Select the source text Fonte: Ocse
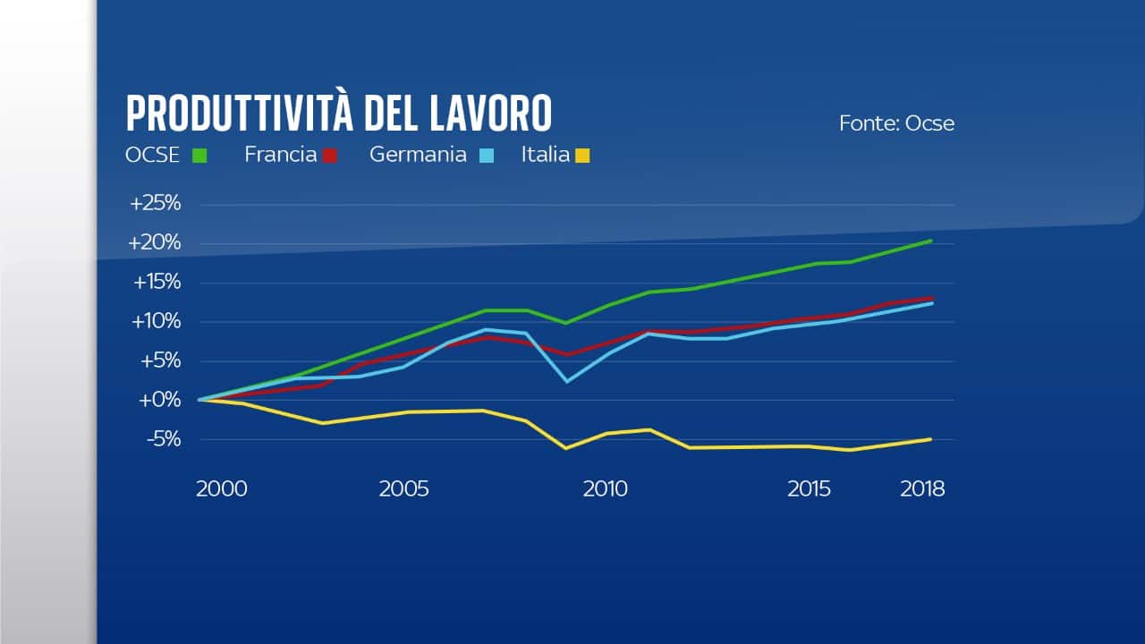[x=896, y=123]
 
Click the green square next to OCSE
[x=199, y=156]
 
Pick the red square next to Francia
[x=330, y=156]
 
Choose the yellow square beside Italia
[x=582, y=156]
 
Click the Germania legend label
[x=418, y=155]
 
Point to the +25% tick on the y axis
[x=156, y=204]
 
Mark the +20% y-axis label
[x=156, y=243]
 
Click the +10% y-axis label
[x=157, y=321]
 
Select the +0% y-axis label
[x=160, y=400]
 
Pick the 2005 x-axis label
[x=403, y=489]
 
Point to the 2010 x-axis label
[x=606, y=489]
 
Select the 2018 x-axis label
[x=922, y=489]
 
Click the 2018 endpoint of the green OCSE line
[x=932, y=241]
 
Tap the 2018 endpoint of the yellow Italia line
[x=932, y=438]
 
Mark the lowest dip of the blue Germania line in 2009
[x=566, y=382]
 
